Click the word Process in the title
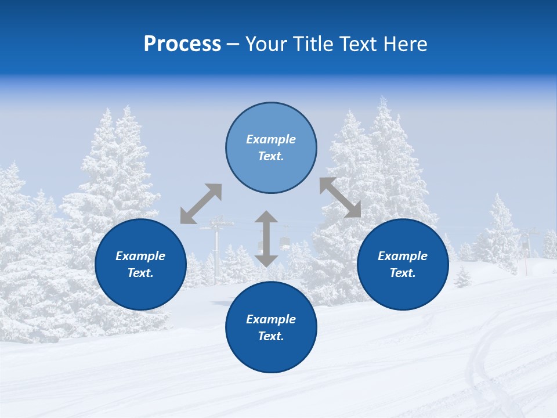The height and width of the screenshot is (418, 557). (x=182, y=44)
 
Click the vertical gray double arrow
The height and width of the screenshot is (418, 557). (x=266, y=239)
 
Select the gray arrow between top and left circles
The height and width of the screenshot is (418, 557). (x=201, y=204)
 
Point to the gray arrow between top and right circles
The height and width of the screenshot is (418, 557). (x=341, y=198)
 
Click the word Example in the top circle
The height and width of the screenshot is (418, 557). (x=271, y=139)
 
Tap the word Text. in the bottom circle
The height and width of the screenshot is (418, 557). (x=271, y=336)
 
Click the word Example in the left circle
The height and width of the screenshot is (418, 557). (x=140, y=256)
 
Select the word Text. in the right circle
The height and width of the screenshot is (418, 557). (x=403, y=273)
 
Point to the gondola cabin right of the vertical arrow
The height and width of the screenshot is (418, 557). (x=285, y=244)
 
